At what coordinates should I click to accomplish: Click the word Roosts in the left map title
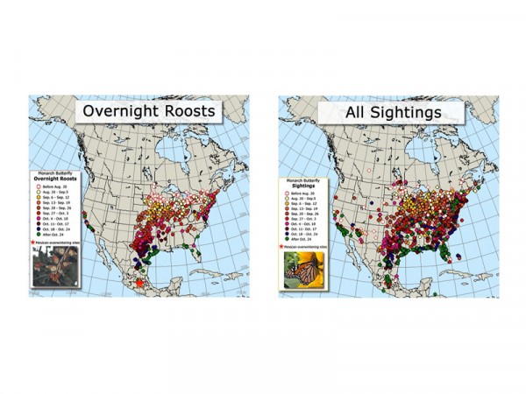[185, 112]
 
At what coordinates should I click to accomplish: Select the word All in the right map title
[338, 112]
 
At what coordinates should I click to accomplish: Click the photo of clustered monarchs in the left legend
[55, 266]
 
